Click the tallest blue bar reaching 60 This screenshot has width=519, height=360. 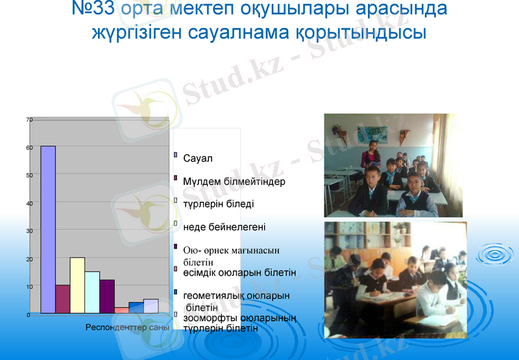point(48,230)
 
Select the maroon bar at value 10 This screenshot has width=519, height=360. point(62,299)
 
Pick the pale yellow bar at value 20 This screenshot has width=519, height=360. point(77,285)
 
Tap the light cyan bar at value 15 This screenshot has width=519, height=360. point(92,293)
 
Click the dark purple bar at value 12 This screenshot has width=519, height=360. point(107,296)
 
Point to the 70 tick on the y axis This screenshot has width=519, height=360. point(29,120)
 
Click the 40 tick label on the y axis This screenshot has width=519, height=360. point(29,203)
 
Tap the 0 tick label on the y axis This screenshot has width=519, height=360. point(29,315)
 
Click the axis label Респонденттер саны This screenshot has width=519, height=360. point(127,327)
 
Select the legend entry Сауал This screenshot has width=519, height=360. point(198,158)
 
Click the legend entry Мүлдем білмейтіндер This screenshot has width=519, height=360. point(234,182)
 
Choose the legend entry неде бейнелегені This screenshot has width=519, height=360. point(224,227)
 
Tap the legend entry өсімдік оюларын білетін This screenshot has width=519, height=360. point(239,273)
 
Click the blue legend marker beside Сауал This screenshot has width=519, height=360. point(176,155)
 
